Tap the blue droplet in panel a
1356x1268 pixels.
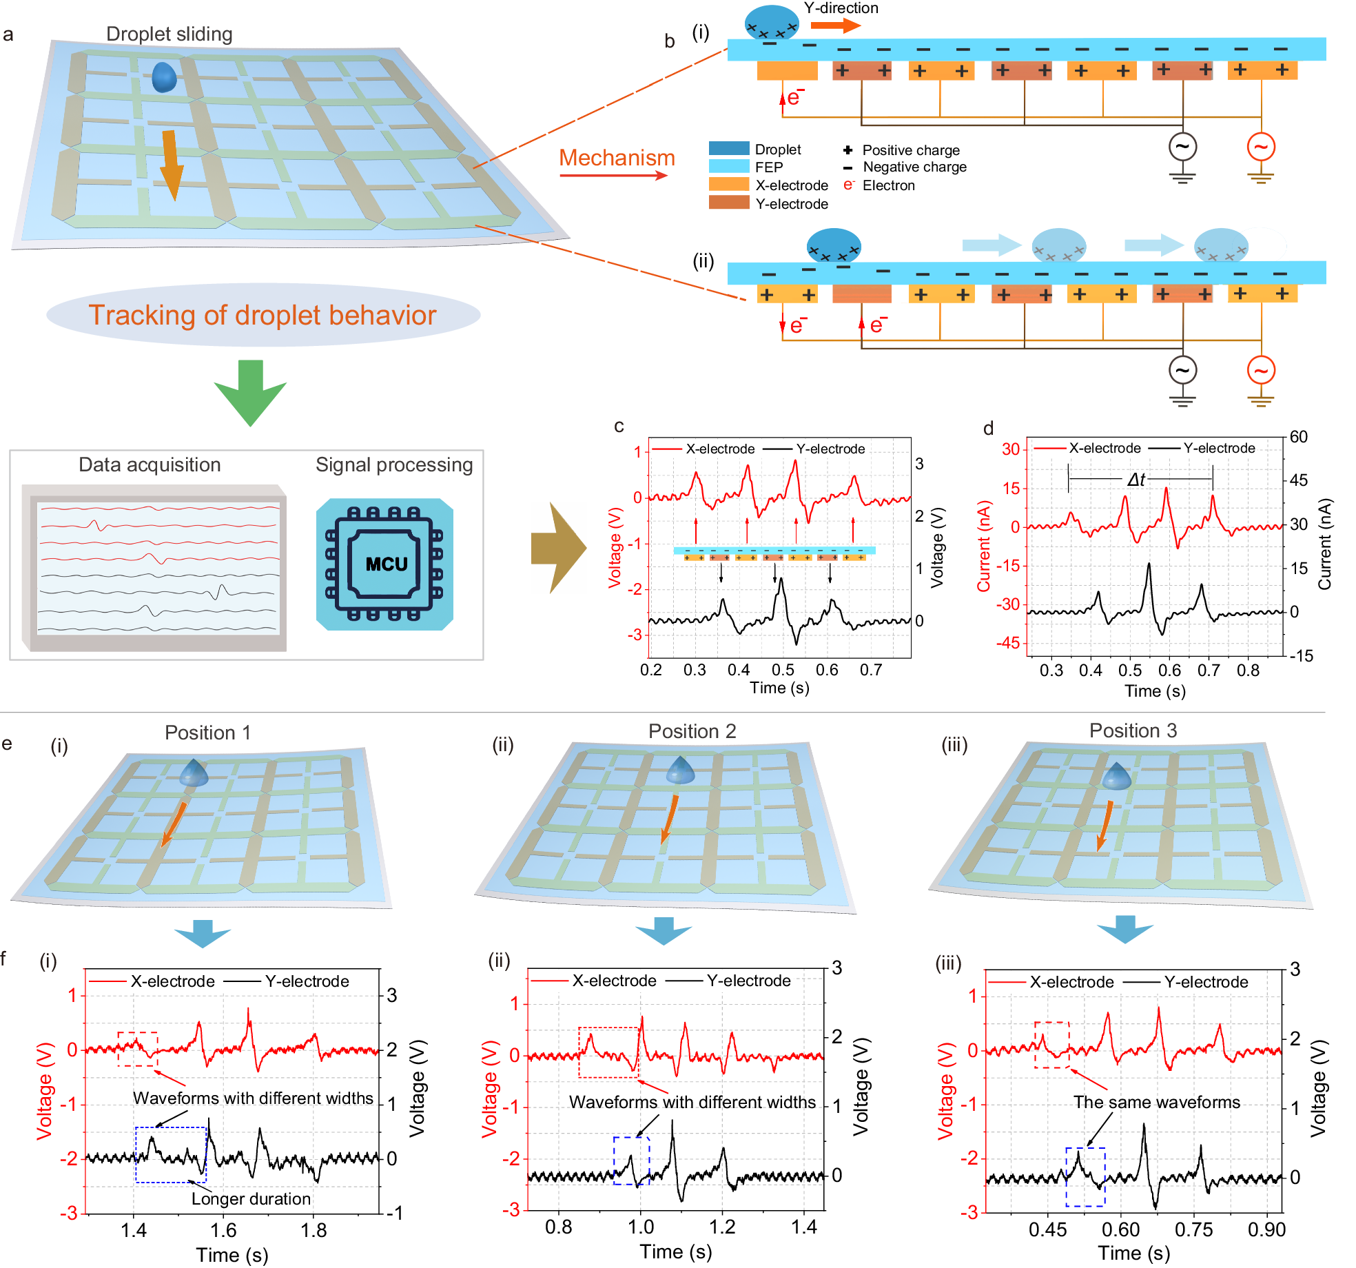point(164,77)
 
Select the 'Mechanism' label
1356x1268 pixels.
point(617,158)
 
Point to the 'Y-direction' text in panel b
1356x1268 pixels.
point(841,8)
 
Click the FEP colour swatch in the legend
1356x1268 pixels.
point(728,167)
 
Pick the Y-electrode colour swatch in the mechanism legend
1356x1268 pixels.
point(728,203)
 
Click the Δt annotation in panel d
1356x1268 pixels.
point(1136,480)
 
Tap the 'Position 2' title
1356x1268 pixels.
point(692,731)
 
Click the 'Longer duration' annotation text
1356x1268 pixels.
point(251,1199)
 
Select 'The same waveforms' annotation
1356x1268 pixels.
point(1156,1103)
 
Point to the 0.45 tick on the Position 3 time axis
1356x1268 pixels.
point(1047,1230)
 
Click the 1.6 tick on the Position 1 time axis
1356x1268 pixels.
point(223,1231)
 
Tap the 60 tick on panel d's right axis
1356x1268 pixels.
point(1298,437)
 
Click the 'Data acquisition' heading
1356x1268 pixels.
point(150,464)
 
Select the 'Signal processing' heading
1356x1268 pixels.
point(394,464)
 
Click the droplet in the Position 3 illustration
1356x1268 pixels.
point(1116,776)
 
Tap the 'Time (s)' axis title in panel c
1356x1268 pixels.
point(779,688)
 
